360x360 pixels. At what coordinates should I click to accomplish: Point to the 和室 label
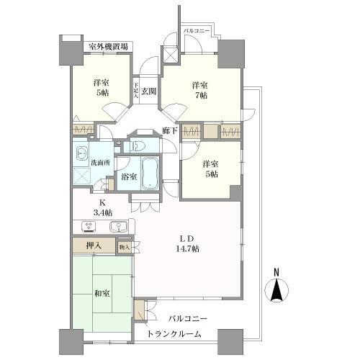[x=102, y=293]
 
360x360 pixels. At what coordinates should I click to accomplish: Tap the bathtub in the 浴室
[x=150, y=174]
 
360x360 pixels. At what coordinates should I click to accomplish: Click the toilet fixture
[x=141, y=145]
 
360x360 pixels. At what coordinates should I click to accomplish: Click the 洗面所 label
[x=100, y=163]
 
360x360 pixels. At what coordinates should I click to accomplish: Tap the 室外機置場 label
[x=109, y=47]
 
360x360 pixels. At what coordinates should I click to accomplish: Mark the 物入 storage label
[x=124, y=247]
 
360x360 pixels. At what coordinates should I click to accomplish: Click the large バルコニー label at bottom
[x=189, y=318]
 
